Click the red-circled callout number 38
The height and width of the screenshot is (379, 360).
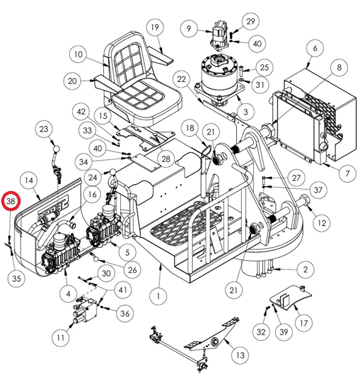point(11,201)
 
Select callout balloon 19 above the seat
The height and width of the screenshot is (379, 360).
point(155,27)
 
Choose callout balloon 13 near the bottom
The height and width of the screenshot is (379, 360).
point(240,355)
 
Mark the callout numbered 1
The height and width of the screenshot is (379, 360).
point(158,296)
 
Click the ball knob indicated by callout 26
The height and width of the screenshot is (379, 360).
point(97,259)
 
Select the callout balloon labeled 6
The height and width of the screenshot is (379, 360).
point(315,48)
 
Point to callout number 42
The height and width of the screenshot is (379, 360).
point(81,112)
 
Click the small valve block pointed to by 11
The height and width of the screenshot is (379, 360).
point(85,310)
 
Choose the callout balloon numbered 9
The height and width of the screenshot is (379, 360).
point(189,29)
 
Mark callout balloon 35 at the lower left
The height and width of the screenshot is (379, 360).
point(16,278)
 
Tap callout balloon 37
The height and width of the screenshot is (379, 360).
point(318,190)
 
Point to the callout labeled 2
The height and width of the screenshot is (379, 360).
point(305,269)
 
